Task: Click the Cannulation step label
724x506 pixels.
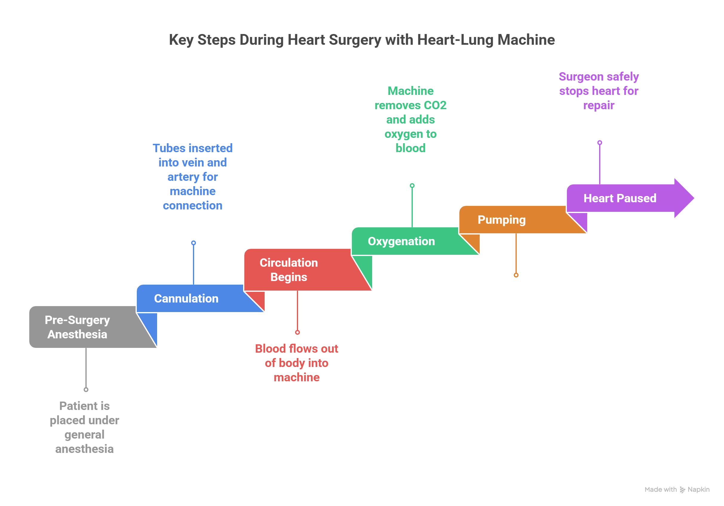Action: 186,298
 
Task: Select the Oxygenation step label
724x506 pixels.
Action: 401,241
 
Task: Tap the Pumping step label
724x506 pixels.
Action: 501,220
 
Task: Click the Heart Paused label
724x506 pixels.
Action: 620,198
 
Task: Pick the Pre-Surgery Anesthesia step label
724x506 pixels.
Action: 77,327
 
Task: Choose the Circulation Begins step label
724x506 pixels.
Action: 289,270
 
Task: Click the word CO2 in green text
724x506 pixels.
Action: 435,105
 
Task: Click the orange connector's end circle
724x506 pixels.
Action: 516,275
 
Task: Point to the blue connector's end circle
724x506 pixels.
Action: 194,243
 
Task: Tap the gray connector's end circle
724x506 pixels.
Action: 86,390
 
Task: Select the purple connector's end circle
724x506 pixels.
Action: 599,143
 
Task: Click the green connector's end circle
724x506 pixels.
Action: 412,186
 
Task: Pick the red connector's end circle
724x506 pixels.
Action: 297,332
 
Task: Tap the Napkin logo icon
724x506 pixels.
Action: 682,490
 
